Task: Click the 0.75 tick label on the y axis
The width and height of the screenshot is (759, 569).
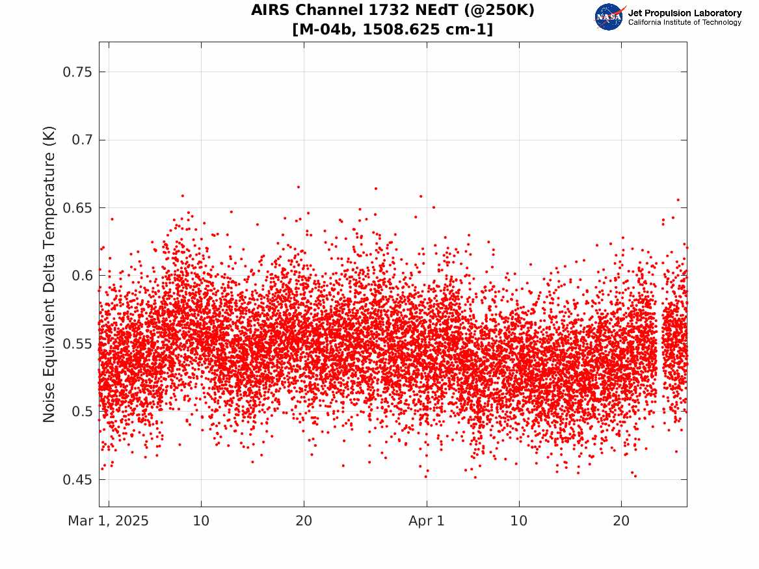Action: [x=77, y=72]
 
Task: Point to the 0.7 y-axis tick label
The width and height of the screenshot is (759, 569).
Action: [x=82, y=140]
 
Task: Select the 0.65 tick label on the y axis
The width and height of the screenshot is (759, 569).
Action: [x=77, y=208]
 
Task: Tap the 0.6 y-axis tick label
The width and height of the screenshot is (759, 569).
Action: [x=82, y=276]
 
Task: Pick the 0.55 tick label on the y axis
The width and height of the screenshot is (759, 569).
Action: [x=77, y=344]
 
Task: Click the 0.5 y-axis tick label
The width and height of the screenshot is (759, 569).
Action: [x=82, y=412]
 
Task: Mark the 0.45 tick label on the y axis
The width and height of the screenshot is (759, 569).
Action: [x=77, y=479]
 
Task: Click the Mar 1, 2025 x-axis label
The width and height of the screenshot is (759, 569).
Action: [x=109, y=521]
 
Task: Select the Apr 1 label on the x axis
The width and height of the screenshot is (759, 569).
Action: [x=427, y=521]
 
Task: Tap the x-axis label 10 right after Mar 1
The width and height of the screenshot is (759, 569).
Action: [x=201, y=521]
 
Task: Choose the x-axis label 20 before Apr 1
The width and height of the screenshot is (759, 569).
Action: [x=304, y=521]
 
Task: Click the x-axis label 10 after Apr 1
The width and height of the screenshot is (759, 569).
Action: [x=519, y=521]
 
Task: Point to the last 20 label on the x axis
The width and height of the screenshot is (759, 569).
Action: [x=621, y=521]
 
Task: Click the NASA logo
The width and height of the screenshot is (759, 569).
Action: [x=609, y=17]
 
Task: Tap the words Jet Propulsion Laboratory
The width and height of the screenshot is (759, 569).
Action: [x=685, y=13]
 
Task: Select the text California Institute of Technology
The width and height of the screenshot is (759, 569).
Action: [x=685, y=22]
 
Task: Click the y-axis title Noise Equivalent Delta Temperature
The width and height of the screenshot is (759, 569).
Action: [x=49, y=274]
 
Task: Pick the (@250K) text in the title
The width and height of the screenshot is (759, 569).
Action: [x=498, y=10]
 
